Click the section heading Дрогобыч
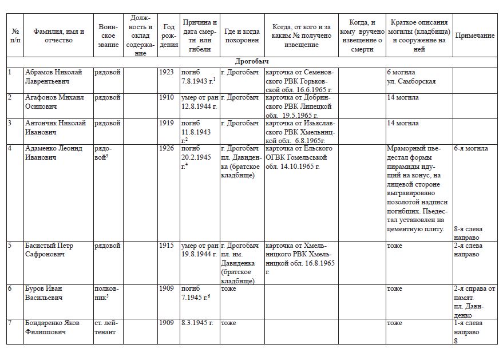tap(252, 61)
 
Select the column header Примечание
tap(474, 35)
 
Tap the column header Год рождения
tap(169, 35)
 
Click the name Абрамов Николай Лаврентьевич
tap(54, 77)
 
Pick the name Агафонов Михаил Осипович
tap(54, 102)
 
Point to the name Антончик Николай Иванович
tap(53, 127)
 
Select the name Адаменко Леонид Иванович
tap(54, 152)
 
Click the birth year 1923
tap(166, 73)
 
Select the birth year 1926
tap(166, 148)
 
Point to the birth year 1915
tap(166, 246)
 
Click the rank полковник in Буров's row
tap(108, 293)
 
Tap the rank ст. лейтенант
tap(108, 327)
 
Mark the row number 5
tap(10, 246)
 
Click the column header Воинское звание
tap(108, 35)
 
